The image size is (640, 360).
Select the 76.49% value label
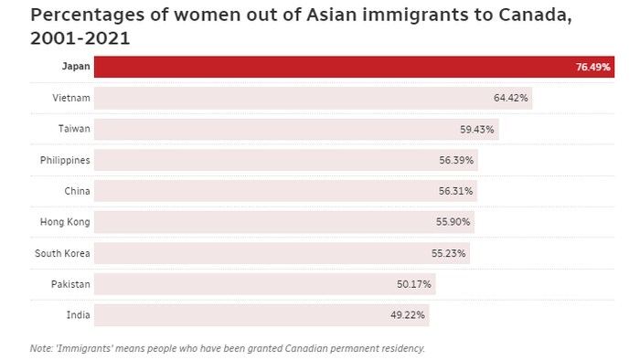coord(593,68)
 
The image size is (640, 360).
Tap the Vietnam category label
coord(71,98)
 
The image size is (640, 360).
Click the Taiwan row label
coord(73,129)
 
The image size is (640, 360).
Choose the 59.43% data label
coord(477,130)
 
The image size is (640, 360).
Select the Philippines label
coord(65,160)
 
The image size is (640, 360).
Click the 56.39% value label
coord(456,161)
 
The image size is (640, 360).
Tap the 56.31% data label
coord(455,192)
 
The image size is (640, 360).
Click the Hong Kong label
coord(65,222)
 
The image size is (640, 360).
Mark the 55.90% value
coord(453,223)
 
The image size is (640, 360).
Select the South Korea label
coord(63,253)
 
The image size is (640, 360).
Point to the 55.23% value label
coord(449,254)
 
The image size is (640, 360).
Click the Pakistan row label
coord(70,284)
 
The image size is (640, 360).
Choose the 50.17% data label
coord(414,285)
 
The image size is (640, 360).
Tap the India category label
coord(78,315)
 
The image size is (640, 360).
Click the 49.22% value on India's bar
coord(408,316)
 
